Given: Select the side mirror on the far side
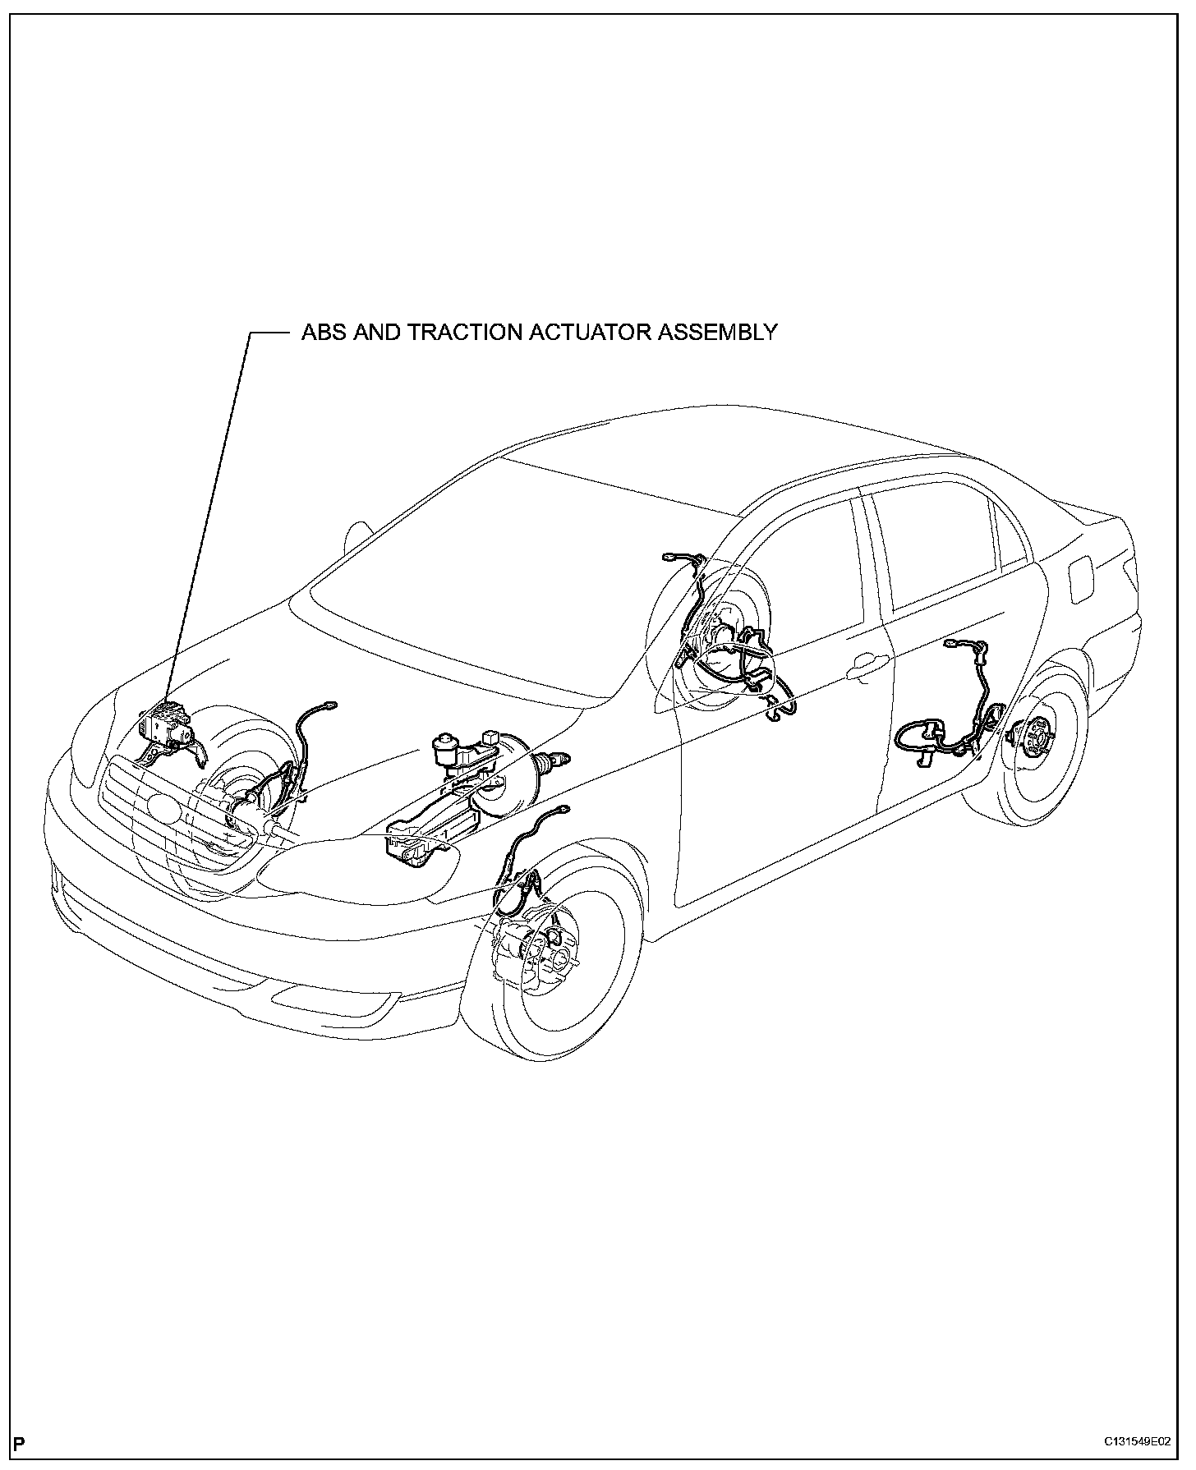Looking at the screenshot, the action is (x=359, y=534).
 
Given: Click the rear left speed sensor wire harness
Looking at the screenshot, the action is (x=957, y=723).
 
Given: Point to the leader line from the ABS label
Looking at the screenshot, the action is (x=209, y=509).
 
